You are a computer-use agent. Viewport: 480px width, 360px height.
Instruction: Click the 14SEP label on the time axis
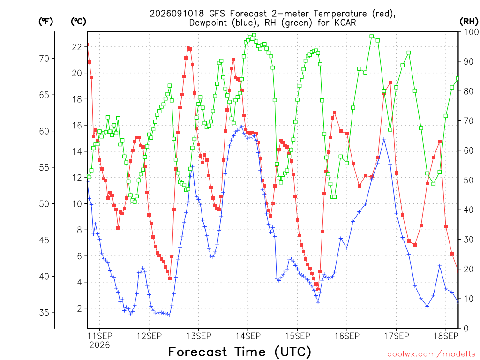click(x=248, y=336)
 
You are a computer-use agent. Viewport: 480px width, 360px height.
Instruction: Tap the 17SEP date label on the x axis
click(x=397, y=336)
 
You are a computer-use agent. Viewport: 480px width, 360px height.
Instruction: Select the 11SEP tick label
click(x=100, y=336)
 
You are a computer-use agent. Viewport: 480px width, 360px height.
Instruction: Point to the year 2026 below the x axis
click(x=99, y=345)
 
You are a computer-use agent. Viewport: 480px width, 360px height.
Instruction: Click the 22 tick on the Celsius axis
click(x=77, y=47)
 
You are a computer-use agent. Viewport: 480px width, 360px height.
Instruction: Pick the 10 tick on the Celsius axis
click(x=77, y=204)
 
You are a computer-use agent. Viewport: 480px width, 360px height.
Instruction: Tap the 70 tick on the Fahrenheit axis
click(x=44, y=59)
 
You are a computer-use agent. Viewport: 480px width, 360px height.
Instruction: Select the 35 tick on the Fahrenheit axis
click(x=44, y=313)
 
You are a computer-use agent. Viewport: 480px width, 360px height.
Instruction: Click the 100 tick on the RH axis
click(x=471, y=32)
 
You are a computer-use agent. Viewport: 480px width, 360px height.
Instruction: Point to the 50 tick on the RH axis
click(x=469, y=180)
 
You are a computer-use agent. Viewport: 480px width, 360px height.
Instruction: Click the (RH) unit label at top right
click(x=469, y=22)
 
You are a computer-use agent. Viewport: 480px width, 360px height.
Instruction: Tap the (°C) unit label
click(x=78, y=22)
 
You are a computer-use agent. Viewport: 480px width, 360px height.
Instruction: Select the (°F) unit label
click(x=45, y=22)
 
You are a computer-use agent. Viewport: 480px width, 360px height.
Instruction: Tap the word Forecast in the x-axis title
click(x=198, y=352)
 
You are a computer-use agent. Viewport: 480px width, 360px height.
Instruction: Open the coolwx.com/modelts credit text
click(x=431, y=354)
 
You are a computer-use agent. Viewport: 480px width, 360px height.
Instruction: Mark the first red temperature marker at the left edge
click(x=88, y=45)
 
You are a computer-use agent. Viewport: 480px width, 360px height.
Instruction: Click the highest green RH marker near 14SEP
click(x=254, y=35)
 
